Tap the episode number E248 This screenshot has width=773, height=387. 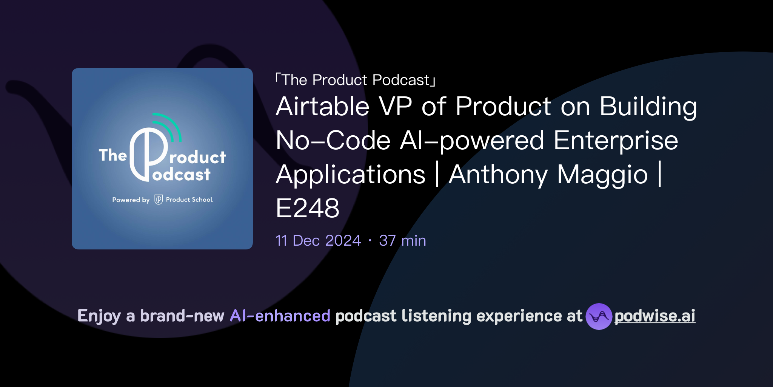click(x=307, y=208)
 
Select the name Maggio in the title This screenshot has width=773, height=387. click(x=602, y=175)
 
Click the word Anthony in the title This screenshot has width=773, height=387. click(x=498, y=175)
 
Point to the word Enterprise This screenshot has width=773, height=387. click(x=616, y=141)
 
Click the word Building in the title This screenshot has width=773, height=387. click(x=648, y=107)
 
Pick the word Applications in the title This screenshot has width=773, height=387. click(x=351, y=175)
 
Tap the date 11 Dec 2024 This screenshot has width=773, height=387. click(x=318, y=241)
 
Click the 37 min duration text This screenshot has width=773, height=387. click(x=402, y=241)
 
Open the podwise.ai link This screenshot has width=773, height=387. click(x=655, y=316)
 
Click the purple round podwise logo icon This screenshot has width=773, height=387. click(x=599, y=316)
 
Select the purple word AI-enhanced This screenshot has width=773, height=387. click(x=280, y=316)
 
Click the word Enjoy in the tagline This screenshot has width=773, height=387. click(x=99, y=316)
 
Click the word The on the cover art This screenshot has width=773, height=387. click(x=112, y=155)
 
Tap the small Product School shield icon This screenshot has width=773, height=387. click(x=159, y=200)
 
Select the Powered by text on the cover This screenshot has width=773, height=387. click(x=131, y=200)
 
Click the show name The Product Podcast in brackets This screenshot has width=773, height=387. click(x=355, y=80)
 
